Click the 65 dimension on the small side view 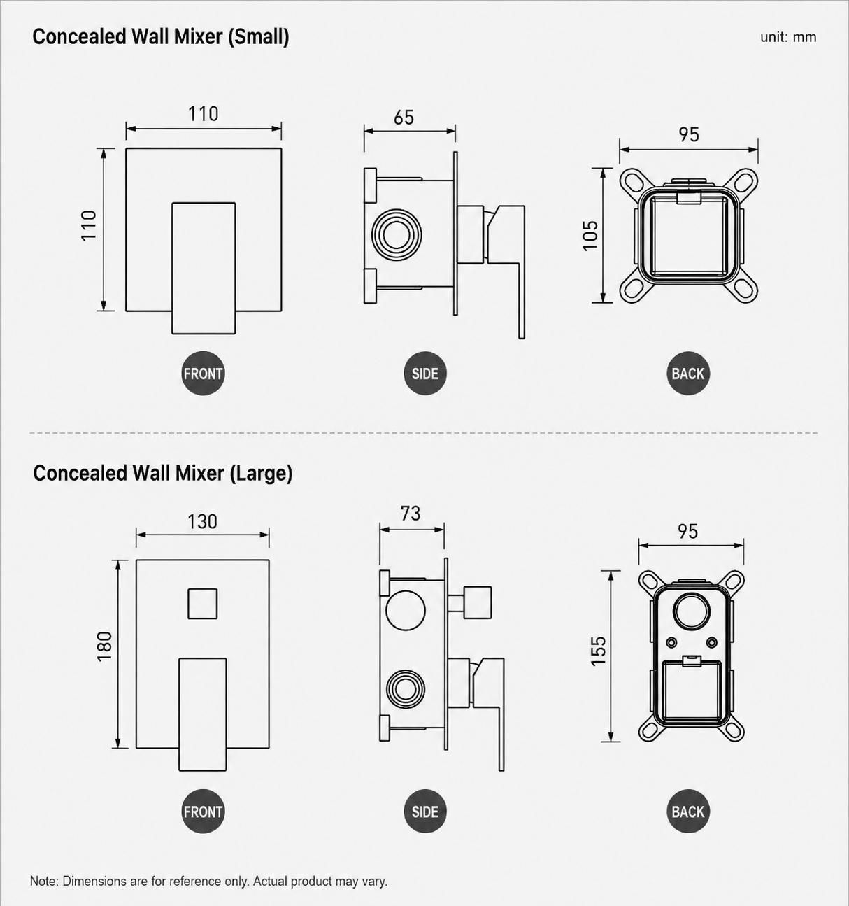pos(404,118)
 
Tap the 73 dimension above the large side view pos(410,514)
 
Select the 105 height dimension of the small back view pos(590,235)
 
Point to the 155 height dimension pos(598,651)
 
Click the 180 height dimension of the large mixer pos(104,646)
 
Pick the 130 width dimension pos(203,521)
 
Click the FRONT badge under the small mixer pos(203,373)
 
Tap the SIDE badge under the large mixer pos(425,812)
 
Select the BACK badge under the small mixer pos(688,373)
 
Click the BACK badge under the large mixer pos(688,812)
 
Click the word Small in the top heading pos(259,37)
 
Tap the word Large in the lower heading pos(260,473)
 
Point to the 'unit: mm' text pos(788,37)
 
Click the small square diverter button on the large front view pos(203,604)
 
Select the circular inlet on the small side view pos(397,234)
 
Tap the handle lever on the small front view pos(204,268)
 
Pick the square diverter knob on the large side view pos(478,602)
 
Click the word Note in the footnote pos(44,881)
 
